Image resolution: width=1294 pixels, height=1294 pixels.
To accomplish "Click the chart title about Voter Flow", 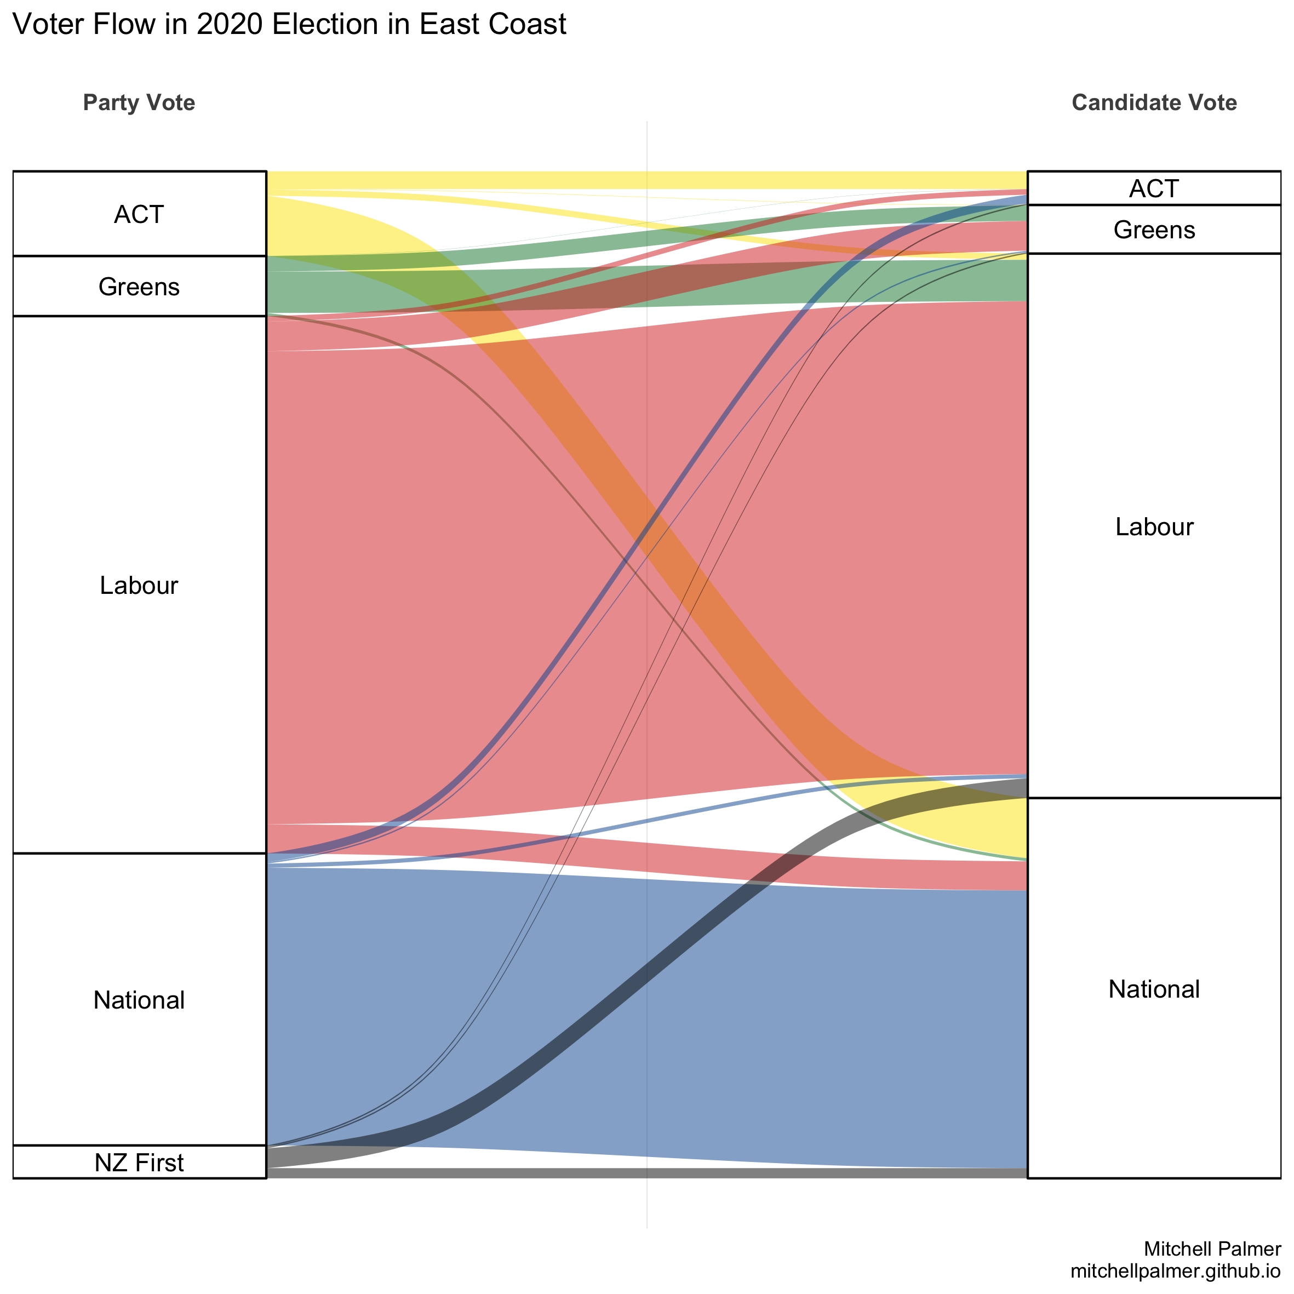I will [289, 25].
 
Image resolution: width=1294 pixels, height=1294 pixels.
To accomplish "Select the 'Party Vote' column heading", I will [139, 102].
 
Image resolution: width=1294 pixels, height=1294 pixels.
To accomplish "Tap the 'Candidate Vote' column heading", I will [1154, 102].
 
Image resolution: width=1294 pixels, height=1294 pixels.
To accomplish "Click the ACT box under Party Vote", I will [139, 214].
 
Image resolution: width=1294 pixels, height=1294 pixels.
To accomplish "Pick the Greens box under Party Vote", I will [139, 286].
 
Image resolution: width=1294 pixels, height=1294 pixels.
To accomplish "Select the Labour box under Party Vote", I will [139, 585].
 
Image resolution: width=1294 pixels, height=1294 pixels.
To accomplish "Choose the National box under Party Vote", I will [139, 999].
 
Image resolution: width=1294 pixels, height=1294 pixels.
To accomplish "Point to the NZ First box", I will [139, 1162].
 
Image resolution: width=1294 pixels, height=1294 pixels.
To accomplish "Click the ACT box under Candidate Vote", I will [1154, 188].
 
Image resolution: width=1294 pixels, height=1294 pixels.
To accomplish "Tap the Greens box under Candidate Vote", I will [1154, 230].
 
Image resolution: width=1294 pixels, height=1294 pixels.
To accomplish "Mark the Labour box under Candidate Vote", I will [1154, 526].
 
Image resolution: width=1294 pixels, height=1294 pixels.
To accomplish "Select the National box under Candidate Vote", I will [1154, 989].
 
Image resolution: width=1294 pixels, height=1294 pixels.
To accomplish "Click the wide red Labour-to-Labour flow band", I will [469, 569].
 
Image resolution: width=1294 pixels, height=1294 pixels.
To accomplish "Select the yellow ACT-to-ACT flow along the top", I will [646, 180].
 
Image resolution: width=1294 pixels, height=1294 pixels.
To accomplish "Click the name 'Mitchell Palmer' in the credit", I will [1212, 1249].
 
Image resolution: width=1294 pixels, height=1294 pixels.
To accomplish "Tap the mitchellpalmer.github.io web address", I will [1176, 1270].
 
